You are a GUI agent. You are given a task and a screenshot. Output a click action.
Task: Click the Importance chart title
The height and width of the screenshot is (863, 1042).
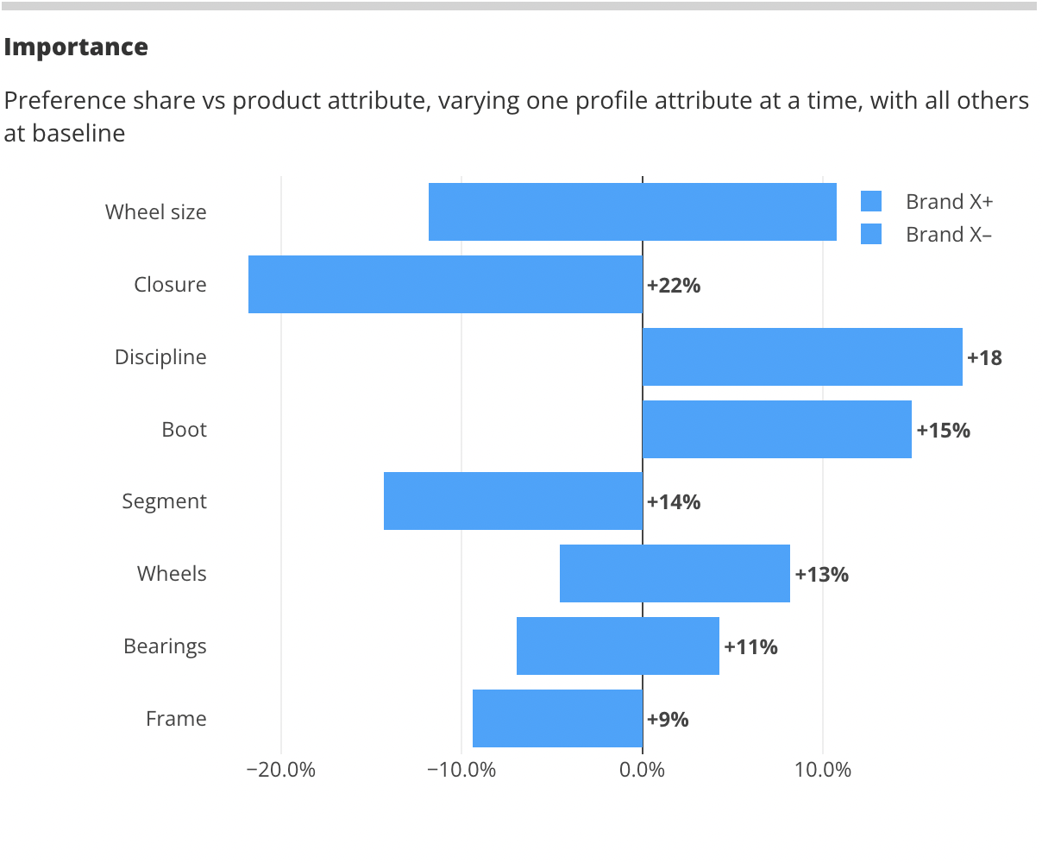pyautogui.click(x=76, y=47)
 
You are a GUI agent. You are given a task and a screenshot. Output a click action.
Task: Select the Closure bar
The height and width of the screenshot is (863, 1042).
pyautogui.click(x=445, y=284)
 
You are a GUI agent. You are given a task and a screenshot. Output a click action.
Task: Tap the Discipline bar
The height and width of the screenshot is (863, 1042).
pyautogui.click(x=802, y=356)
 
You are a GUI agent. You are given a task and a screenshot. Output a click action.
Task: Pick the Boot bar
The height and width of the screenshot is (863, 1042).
pyautogui.click(x=776, y=429)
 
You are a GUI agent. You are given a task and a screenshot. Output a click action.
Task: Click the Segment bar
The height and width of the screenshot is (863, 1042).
pyautogui.click(x=513, y=501)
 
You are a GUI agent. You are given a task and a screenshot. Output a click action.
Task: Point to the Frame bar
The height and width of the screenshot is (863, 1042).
pyautogui.click(x=557, y=718)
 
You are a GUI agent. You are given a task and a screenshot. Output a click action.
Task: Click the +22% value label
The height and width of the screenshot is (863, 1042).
pyautogui.click(x=674, y=285)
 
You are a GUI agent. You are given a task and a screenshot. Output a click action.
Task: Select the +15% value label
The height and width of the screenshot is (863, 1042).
pyautogui.click(x=943, y=430)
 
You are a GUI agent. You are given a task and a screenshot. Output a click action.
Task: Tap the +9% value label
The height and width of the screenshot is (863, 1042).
pyautogui.click(x=668, y=719)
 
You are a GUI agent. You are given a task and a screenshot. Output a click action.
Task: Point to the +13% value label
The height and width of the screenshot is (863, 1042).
pyautogui.click(x=821, y=574)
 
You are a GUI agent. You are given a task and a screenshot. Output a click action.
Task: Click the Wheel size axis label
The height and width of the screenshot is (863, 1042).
pyautogui.click(x=156, y=212)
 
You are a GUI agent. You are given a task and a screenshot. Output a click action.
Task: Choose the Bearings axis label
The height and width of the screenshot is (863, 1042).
pyautogui.click(x=165, y=646)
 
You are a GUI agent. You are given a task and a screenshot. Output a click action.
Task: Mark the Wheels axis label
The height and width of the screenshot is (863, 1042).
pyautogui.click(x=172, y=574)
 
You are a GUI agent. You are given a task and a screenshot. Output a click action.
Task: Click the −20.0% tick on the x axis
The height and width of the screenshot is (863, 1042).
pyautogui.click(x=281, y=770)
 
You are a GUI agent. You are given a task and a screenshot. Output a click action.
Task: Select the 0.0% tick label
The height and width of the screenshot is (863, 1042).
pyautogui.click(x=643, y=770)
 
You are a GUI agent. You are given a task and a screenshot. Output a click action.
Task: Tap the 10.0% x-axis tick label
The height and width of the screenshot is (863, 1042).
pyautogui.click(x=823, y=770)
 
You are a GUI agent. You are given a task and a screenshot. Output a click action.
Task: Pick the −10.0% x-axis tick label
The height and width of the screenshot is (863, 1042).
pyautogui.click(x=461, y=770)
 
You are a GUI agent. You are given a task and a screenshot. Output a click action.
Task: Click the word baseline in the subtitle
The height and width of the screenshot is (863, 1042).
pyautogui.click(x=78, y=134)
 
